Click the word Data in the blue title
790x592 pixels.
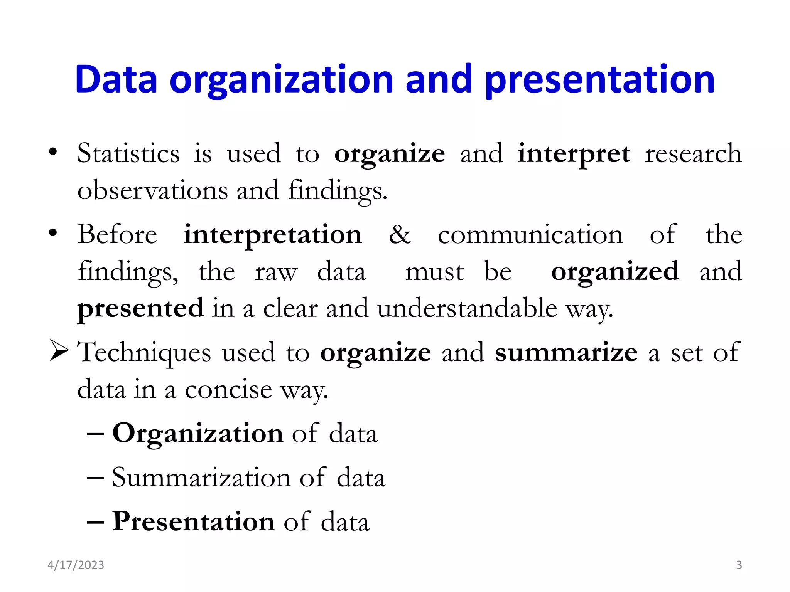click(x=116, y=79)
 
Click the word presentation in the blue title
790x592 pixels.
click(x=600, y=80)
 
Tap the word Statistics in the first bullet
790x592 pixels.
click(x=128, y=153)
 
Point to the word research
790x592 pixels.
click(x=693, y=153)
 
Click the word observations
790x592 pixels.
click(x=153, y=190)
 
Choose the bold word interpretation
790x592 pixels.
click(x=273, y=235)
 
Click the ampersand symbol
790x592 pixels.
click(x=400, y=234)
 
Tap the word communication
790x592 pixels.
click(x=530, y=235)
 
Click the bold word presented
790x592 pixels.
click(x=140, y=309)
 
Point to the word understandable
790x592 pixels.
click(x=467, y=308)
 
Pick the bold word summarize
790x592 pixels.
click(x=566, y=352)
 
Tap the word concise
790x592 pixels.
click(x=228, y=389)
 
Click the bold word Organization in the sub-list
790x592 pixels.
click(x=198, y=434)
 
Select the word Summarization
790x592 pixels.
click(x=201, y=478)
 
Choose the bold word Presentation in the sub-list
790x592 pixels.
click(x=193, y=521)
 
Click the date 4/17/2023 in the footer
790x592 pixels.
click(x=76, y=565)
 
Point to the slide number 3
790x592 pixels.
click(x=739, y=565)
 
